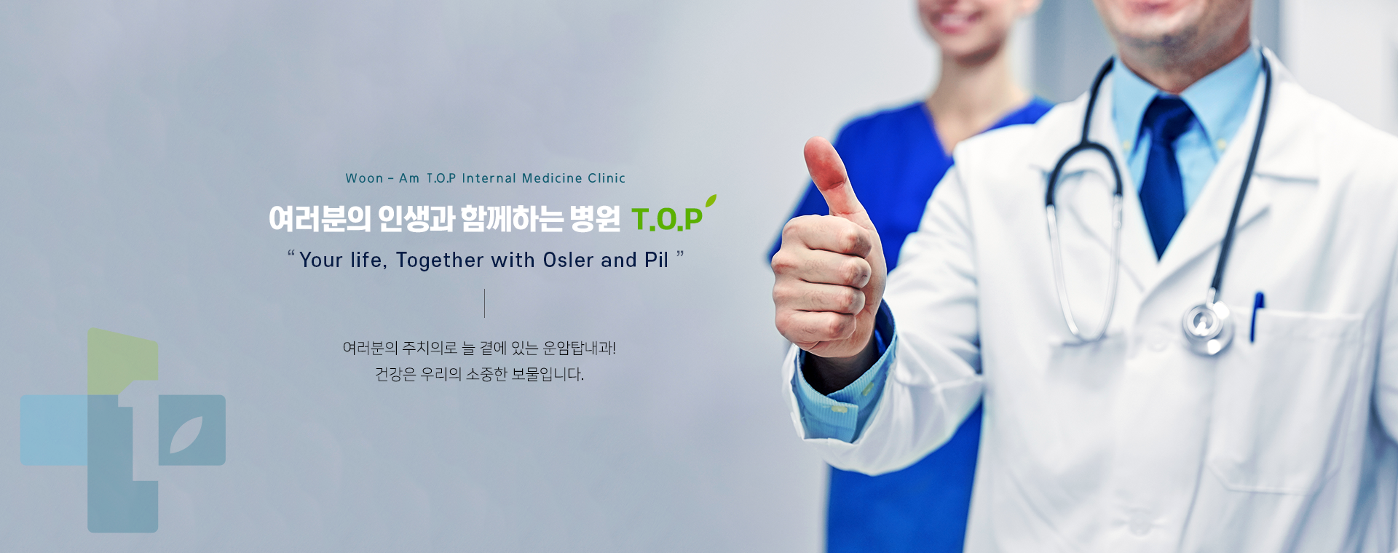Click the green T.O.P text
tap(667, 219)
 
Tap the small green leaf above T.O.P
tap(711, 201)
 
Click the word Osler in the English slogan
tap(569, 260)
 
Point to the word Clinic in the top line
tap(607, 178)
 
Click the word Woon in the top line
tap(364, 178)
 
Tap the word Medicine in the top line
tap(552, 178)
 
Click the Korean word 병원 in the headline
tap(595, 218)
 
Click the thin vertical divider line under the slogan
tap(484, 303)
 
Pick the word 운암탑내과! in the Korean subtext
tap(580, 348)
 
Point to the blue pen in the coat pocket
tap(1257, 316)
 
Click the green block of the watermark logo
tap(123, 362)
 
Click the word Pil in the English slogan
tap(656, 260)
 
